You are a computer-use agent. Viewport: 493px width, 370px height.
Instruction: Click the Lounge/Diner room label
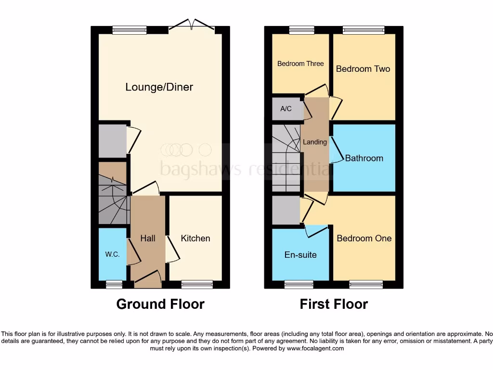pos(159,87)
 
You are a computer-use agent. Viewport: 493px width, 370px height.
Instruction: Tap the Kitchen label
pos(195,238)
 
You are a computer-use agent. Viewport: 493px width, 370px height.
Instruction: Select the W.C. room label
pos(112,254)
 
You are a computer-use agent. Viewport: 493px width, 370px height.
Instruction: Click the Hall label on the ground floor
pos(148,238)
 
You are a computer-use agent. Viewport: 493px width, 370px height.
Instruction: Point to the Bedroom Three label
pos(300,64)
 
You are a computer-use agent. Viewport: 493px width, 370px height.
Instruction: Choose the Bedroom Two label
pos(363,69)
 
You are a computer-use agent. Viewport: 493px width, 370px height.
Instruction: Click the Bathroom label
pos(364,158)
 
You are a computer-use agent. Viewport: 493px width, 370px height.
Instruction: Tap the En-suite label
pos(300,254)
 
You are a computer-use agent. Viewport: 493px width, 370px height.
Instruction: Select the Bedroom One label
pos(364,238)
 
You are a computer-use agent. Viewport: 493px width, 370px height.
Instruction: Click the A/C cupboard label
pos(286,108)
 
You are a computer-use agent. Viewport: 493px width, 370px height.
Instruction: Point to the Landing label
pos(315,142)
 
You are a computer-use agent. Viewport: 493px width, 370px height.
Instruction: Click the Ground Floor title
pos(160,304)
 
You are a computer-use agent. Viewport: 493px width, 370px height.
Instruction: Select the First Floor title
pos(334,304)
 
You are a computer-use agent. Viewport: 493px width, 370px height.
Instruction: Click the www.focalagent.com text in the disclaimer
pos(316,348)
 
